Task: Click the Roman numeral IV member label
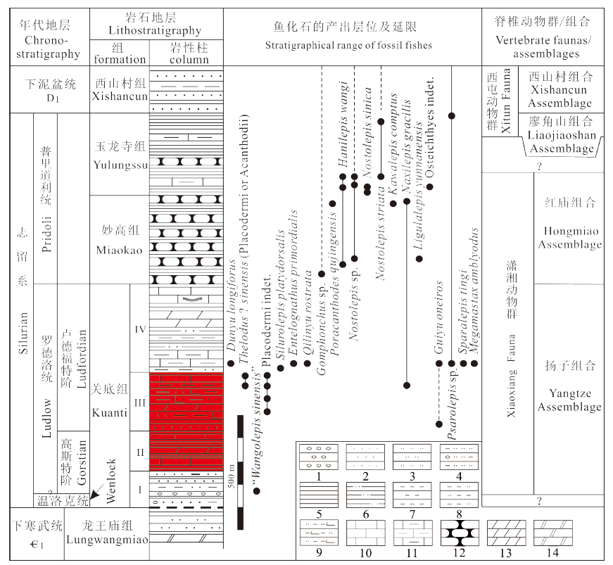[x=140, y=329]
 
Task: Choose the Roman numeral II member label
[x=140, y=452]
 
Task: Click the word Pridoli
[x=46, y=234]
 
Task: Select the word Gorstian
[x=82, y=463]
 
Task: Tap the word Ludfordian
[x=82, y=359]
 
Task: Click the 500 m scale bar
[x=240, y=472]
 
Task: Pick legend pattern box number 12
[x=460, y=533]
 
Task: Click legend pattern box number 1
[x=319, y=457]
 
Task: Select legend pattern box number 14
[x=552, y=533]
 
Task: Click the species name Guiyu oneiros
[x=438, y=317]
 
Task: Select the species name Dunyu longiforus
[x=231, y=305]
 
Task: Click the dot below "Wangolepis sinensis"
[x=256, y=491]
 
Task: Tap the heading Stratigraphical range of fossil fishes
[x=348, y=45]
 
